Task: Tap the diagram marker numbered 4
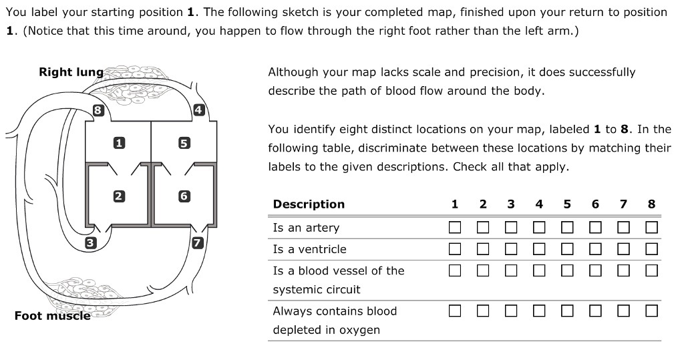pyautogui.click(x=198, y=110)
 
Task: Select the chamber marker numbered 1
pyautogui.click(x=119, y=142)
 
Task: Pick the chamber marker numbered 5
pyautogui.click(x=184, y=142)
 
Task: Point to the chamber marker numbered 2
pyautogui.click(x=118, y=196)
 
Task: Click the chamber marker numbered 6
pyautogui.click(x=184, y=196)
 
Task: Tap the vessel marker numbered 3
pyautogui.click(x=91, y=243)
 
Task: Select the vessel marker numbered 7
pyautogui.click(x=197, y=242)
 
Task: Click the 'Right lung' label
pyautogui.click(x=71, y=72)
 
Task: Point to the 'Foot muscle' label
pyautogui.click(x=52, y=315)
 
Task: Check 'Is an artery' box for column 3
pyautogui.click(x=511, y=228)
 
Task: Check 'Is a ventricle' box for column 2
pyautogui.click(x=483, y=249)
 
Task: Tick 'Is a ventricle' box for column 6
pyautogui.click(x=595, y=249)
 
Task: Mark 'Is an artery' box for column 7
pyautogui.click(x=623, y=228)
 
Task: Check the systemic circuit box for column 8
pyautogui.click(x=651, y=271)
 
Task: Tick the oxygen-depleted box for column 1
pyautogui.click(x=455, y=311)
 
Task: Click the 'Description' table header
pyautogui.click(x=309, y=204)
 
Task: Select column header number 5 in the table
pyautogui.click(x=567, y=204)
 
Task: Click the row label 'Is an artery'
pyautogui.click(x=306, y=228)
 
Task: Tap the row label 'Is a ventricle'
pyautogui.click(x=309, y=249)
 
